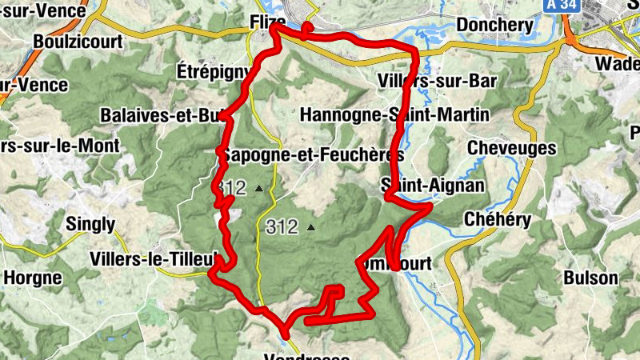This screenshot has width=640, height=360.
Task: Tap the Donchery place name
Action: click(x=494, y=25)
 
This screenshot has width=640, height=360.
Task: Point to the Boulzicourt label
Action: click(x=78, y=41)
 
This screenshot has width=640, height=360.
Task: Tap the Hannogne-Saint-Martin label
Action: click(x=394, y=115)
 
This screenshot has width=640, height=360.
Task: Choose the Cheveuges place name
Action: click(x=511, y=148)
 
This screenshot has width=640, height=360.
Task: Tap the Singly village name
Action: click(x=90, y=225)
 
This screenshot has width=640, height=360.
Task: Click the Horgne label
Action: click(x=33, y=278)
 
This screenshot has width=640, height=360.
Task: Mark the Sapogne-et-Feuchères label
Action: click(x=314, y=154)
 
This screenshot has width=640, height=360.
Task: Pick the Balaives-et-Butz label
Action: click(x=165, y=116)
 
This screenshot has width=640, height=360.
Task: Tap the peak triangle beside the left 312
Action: click(x=258, y=189)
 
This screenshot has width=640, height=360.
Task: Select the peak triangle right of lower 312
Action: click(x=311, y=227)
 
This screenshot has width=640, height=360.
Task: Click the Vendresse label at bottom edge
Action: click(x=309, y=356)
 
